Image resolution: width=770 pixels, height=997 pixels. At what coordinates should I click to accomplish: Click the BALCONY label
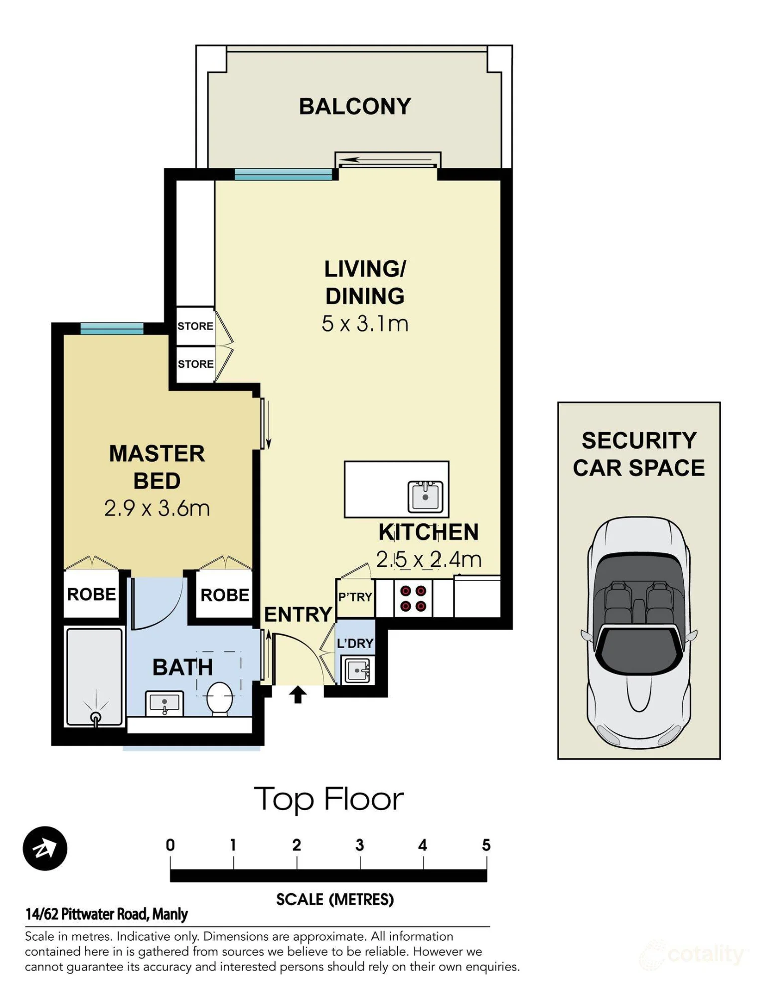355,107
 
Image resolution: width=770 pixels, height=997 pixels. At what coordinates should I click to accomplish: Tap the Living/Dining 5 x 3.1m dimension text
365,324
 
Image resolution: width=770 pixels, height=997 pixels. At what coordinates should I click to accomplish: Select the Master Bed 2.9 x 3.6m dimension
157,508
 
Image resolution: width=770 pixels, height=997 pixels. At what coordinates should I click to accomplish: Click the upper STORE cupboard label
195,326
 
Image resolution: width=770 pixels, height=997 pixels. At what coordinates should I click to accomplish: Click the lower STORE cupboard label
195,364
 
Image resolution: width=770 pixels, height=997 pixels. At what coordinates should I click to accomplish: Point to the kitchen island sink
425,497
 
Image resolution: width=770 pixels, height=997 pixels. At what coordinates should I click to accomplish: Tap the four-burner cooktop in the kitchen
413,598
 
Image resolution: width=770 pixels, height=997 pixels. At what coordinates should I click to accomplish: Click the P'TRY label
355,597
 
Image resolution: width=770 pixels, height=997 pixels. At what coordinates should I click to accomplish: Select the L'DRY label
355,644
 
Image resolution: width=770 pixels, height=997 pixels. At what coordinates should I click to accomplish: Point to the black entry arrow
298,694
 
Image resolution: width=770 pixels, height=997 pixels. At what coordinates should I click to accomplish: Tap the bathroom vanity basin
164,703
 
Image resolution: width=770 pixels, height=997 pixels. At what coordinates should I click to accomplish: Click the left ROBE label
92,594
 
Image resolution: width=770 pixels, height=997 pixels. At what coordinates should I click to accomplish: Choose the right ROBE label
225,595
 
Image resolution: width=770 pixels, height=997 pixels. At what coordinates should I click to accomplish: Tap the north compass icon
45,848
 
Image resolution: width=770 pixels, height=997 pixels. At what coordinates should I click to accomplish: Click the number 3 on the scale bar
360,845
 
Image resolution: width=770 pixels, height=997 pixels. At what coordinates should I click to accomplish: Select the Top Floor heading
329,800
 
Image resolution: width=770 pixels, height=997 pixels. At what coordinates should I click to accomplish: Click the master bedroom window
112,329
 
